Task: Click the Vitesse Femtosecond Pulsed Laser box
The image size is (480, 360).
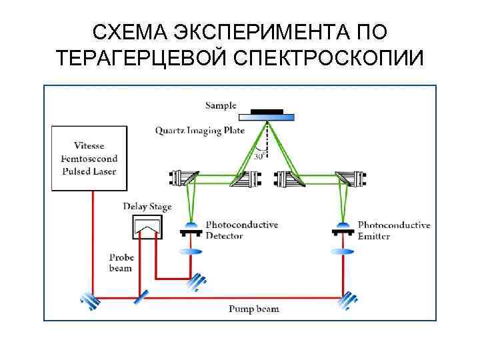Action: pyautogui.click(x=88, y=159)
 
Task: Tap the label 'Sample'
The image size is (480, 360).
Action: pyautogui.click(x=221, y=105)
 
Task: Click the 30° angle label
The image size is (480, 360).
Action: pyautogui.click(x=260, y=156)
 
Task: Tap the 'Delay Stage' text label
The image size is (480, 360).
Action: pyautogui.click(x=147, y=207)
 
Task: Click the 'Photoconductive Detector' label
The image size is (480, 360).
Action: pyautogui.click(x=241, y=230)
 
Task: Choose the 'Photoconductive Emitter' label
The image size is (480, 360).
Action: pyautogui.click(x=393, y=230)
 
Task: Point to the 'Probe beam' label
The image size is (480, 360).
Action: pyautogui.click(x=121, y=263)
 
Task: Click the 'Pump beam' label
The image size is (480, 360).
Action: pyautogui.click(x=254, y=309)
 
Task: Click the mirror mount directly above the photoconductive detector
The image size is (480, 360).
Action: pyautogui.click(x=189, y=177)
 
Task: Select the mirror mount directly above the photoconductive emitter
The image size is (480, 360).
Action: pyautogui.click(x=344, y=177)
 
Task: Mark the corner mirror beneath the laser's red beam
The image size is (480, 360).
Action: pyautogui.click(x=89, y=301)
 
